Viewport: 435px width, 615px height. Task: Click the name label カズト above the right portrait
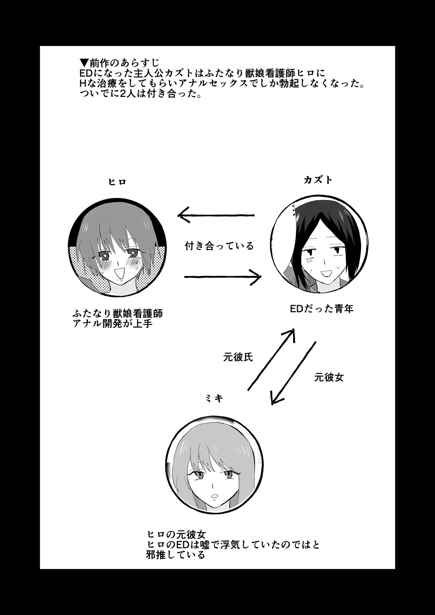click(318, 180)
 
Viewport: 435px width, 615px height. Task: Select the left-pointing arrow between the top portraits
click(216, 215)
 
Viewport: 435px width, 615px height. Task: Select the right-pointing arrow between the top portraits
click(223, 277)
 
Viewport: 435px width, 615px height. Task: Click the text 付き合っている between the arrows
click(219, 246)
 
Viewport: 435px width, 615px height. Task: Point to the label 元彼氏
click(238, 357)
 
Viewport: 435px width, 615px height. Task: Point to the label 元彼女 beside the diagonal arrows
click(329, 377)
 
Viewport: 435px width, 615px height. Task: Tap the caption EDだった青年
click(321, 309)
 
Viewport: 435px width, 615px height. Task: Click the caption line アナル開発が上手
click(112, 323)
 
